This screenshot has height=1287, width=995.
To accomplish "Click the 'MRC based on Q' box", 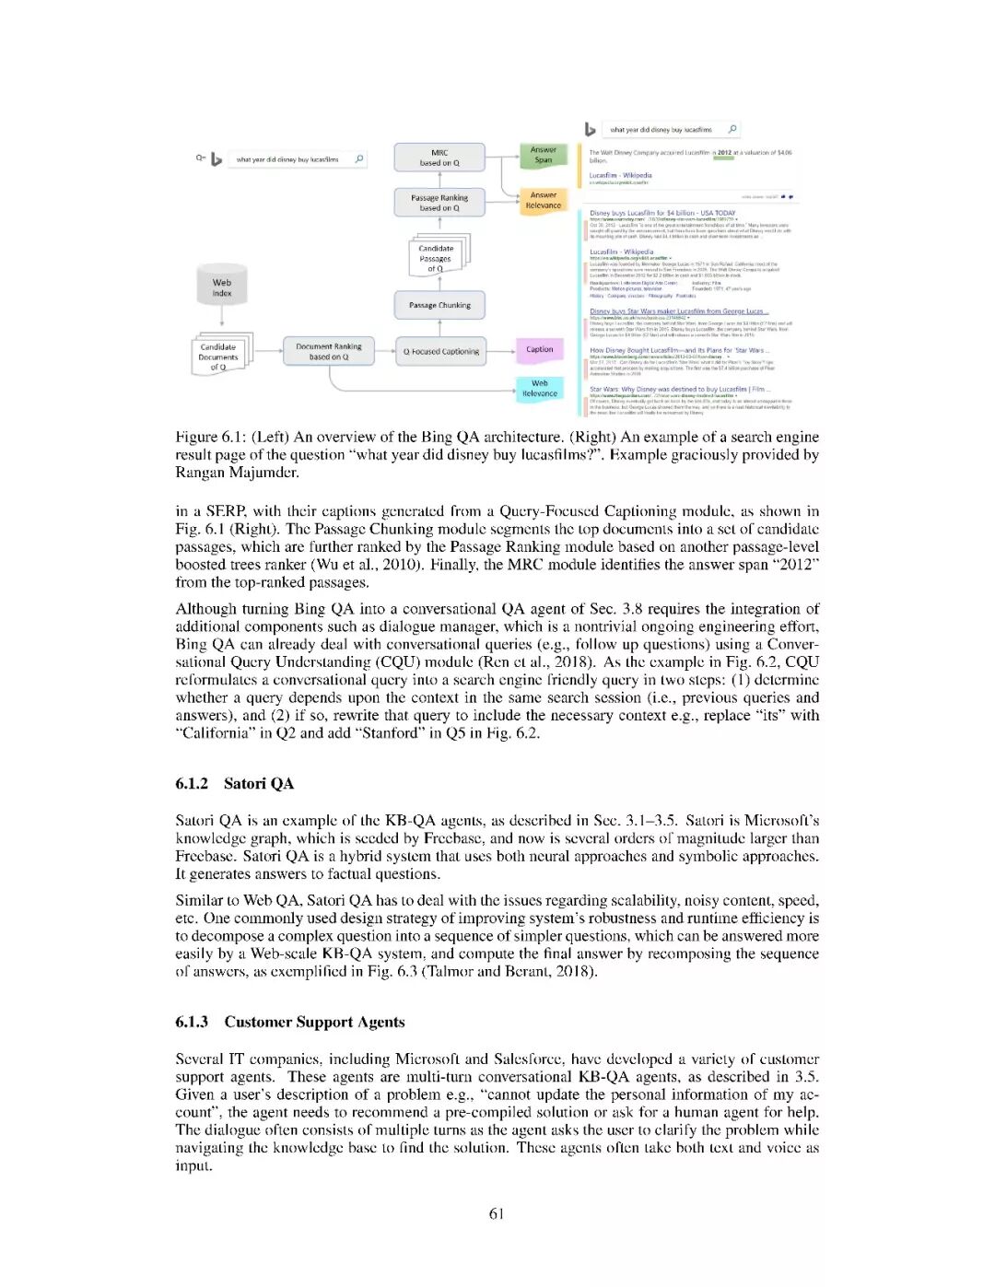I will point(439,158).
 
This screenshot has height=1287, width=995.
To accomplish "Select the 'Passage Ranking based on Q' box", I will point(439,203).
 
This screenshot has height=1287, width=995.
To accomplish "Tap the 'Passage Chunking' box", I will point(439,305).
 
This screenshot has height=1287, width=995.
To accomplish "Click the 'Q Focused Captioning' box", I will point(440,351).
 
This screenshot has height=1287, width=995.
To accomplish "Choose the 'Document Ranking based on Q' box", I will point(329,351).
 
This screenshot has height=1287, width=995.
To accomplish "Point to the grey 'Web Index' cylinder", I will point(221,287).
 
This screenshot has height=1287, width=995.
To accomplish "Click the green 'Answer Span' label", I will point(544,155).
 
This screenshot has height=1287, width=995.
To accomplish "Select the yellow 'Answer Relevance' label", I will point(544,200).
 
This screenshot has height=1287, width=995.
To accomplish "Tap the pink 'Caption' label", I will point(540,349).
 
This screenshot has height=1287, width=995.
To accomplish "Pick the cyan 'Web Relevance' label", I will point(540,388).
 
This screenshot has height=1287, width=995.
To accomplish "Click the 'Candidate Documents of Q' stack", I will point(219,357).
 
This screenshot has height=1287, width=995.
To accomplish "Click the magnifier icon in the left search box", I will point(359,158).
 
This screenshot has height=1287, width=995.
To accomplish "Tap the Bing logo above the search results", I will point(591,129).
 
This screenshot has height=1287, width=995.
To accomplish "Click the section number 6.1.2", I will point(192,784).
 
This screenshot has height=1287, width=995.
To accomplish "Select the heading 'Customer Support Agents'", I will point(314,1022).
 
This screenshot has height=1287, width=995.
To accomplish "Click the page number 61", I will point(497,1213).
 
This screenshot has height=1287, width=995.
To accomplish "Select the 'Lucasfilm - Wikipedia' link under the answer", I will point(620,175).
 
